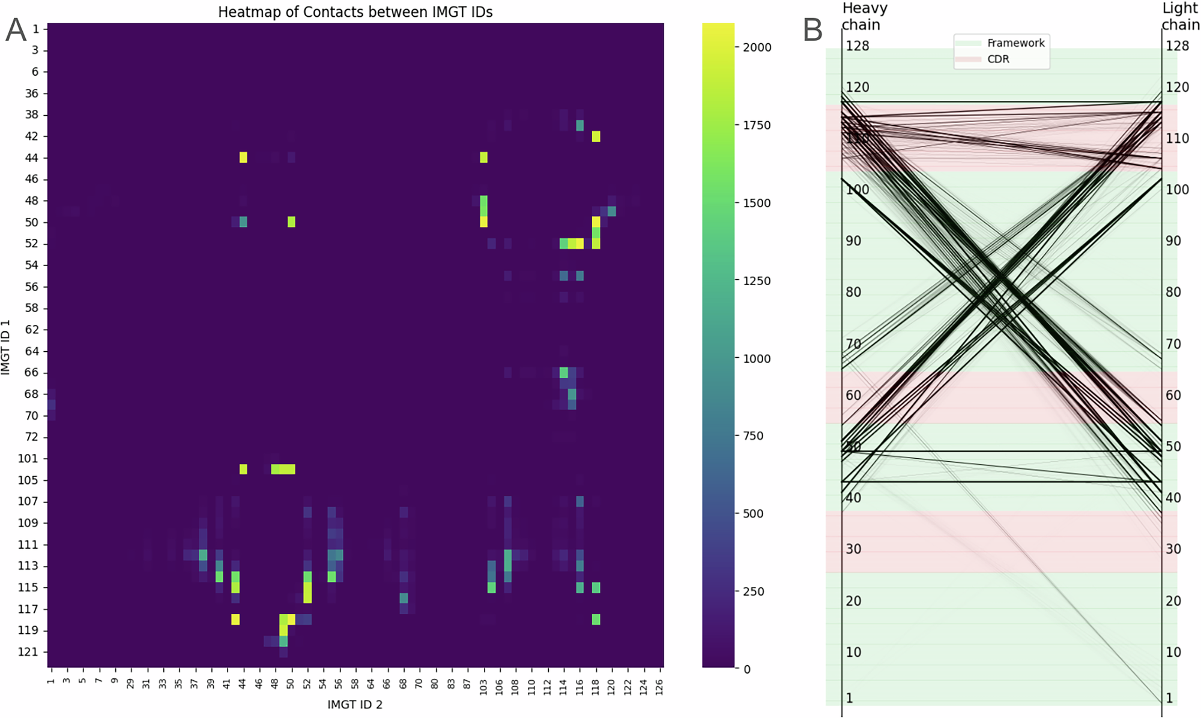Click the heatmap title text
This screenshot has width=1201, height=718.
pos(355,12)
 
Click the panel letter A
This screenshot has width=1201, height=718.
pos(16,30)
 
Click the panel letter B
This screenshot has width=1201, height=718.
pos(812,30)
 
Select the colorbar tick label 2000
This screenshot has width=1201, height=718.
pos(757,47)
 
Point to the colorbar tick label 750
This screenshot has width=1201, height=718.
pos(754,436)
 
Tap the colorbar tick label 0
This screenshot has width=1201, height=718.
pos(747,669)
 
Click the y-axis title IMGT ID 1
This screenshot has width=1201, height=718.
pos(6,347)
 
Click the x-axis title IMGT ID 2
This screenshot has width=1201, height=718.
pos(355,704)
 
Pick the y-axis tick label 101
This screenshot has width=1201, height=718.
pos(28,458)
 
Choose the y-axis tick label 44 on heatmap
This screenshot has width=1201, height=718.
pos(31,158)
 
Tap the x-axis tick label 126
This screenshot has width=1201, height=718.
pos(659,685)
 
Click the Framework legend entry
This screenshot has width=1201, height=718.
pos(1015,43)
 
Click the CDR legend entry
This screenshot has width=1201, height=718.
pos(998,59)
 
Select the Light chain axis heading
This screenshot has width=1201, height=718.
pos(1180,16)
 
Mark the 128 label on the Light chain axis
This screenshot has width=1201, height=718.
pos(1177,46)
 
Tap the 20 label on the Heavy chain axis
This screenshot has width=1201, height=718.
pos(853,601)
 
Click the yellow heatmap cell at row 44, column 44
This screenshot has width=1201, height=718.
pos(243,157)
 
